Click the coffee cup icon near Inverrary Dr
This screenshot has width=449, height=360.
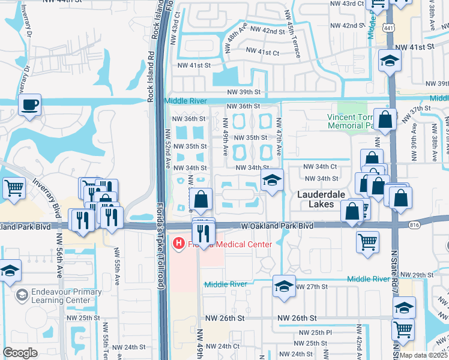(29, 106)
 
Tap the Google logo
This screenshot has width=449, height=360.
(20, 353)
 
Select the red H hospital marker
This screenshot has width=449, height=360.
(178, 244)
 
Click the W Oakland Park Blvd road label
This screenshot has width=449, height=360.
(277, 226)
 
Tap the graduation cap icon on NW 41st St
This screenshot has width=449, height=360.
(390, 61)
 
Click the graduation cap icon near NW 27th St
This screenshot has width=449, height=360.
(284, 287)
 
